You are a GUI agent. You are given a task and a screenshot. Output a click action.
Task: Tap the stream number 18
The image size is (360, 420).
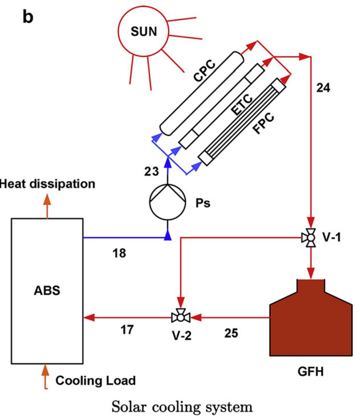tap(120, 253)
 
